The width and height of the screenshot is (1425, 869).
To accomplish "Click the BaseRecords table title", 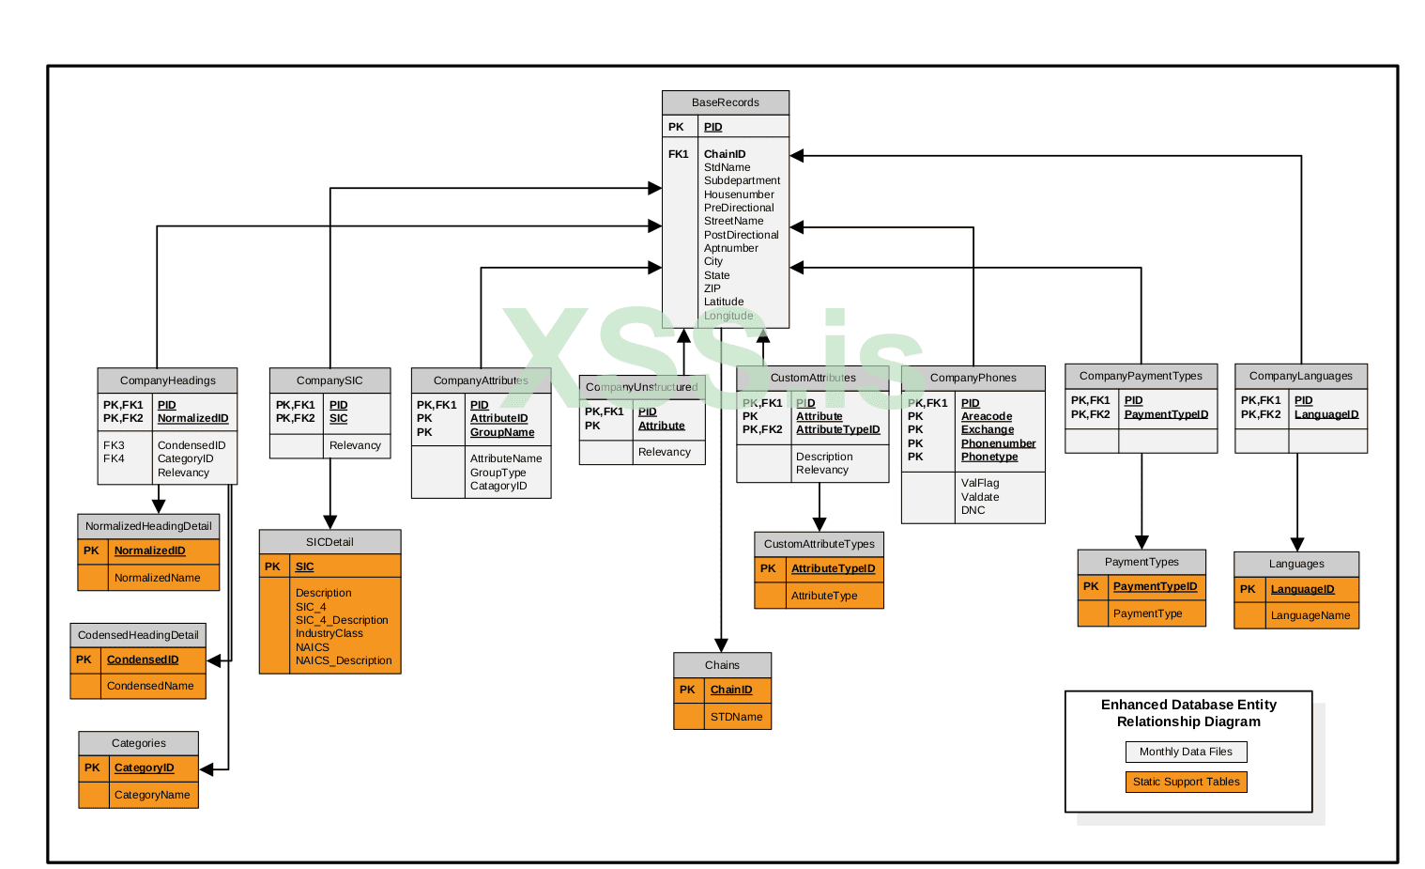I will [x=725, y=102].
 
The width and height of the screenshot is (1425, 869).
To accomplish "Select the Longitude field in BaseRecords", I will [x=728, y=316].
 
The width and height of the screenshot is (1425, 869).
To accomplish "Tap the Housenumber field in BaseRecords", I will [x=739, y=194].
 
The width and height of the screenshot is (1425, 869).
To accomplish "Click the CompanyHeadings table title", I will [x=167, y=380].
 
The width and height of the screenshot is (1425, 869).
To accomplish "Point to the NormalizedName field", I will [x=157, y=578].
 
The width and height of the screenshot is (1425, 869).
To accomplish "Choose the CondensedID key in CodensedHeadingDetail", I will [x=143, y=660].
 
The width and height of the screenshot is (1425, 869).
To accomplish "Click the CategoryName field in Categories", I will [x=152, y=795].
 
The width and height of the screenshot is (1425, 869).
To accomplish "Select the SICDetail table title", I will [x=329, y=542].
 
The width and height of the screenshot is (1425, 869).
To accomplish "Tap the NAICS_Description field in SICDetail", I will [x=344, y=660].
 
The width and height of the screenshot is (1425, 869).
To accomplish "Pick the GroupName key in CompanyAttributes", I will [x=502, y=432].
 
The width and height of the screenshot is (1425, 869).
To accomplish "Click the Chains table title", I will [x=722, y=665].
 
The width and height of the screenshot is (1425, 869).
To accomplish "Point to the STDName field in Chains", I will [x=736, y=717].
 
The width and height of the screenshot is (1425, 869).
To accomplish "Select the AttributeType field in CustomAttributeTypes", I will [x=824, y=596].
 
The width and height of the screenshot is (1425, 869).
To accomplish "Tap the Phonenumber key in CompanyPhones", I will [x=998, y=443].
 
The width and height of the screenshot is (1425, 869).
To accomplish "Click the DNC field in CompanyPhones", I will [x=973, y=510].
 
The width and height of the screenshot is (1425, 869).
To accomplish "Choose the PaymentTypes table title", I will [x=1142, y=562].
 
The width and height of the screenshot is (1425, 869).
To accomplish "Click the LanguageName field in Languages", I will [x=1310, y=615].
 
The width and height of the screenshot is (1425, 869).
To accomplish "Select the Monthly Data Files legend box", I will [x=1186, y=752].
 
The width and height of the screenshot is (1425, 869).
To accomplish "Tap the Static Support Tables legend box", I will [x=1186, y=782].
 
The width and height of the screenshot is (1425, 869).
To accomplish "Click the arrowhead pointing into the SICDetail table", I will [x=330, y=522].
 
